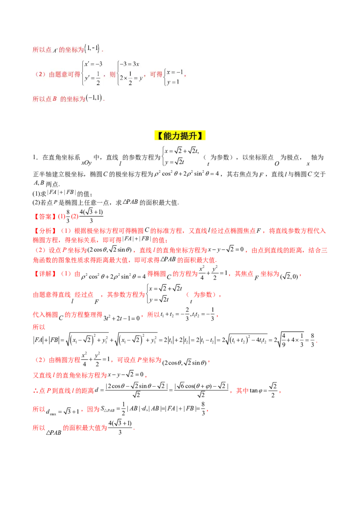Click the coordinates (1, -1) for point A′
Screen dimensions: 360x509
92,49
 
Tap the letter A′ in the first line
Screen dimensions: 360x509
55,50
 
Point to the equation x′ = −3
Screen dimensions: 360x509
94,64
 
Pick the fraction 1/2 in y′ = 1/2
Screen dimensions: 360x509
98,80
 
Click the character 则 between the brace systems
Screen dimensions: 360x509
112,74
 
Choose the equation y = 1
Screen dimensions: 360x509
173,82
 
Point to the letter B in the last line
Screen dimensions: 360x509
54,98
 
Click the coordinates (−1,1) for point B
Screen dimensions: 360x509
94,98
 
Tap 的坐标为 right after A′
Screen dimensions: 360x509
71,50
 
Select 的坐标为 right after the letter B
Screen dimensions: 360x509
72,98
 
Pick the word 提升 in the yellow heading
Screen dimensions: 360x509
189,135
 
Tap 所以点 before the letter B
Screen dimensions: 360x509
42,98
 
